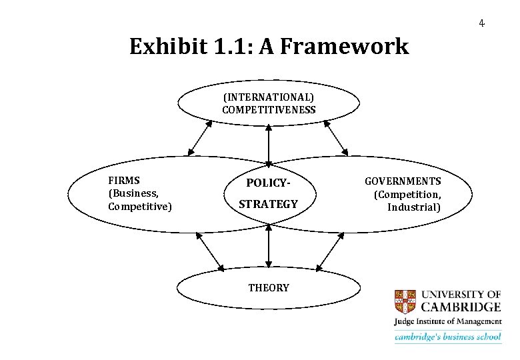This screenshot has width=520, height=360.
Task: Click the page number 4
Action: [x=481, y=24]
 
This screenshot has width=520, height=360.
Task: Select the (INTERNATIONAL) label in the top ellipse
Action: [x=269, y=97]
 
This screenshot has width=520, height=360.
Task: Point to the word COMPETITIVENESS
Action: [x=269, y=110]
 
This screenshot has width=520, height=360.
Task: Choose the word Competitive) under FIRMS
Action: [x=139, y=207]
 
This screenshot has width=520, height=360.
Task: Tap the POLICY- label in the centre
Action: [x=269, y=183]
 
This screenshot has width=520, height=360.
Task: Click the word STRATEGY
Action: [x=268, y=204]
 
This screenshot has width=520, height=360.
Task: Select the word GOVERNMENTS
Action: [x=403, y=181]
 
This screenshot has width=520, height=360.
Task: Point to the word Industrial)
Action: [x=414, y=207]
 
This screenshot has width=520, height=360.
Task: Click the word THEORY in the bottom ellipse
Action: [x=269, y=288]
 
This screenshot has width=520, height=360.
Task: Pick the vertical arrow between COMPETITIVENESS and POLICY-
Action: [x=269, y=145]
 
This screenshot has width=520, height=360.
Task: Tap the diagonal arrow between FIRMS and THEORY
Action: [x=211, y=252]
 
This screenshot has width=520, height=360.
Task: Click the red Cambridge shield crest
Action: [x=405, y=301]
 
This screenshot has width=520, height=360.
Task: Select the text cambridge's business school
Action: [x=447, y=337]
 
